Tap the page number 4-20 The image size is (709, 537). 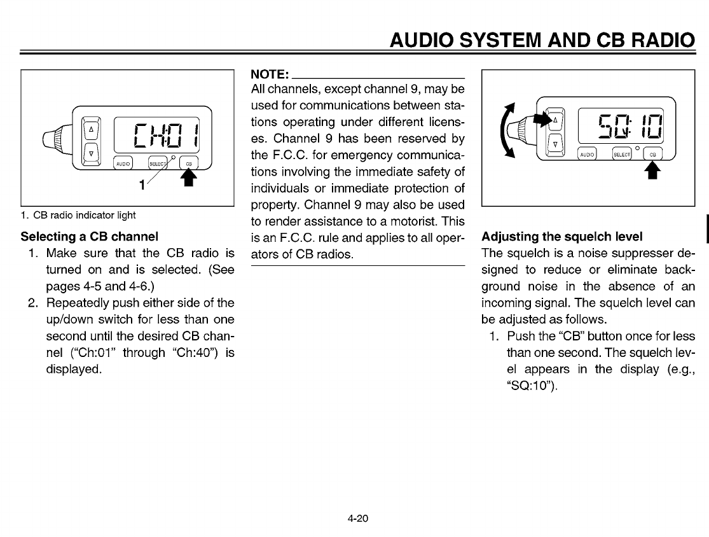358,517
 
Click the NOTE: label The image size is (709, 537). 271,74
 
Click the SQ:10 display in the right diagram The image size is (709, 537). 621,124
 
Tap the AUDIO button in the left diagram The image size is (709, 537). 123,163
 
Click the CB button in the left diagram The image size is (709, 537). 188,163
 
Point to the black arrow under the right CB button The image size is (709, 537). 652,171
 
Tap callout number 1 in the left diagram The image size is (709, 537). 143,185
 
